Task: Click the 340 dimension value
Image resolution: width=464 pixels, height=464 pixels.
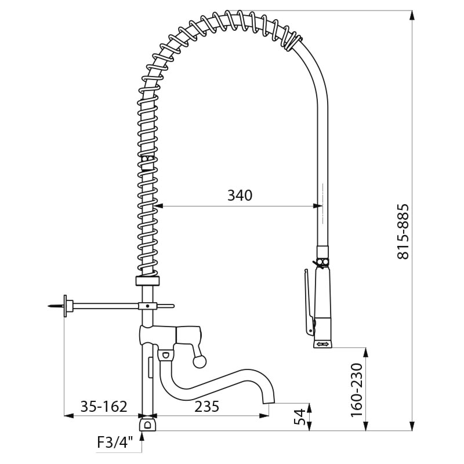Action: click(240, 195)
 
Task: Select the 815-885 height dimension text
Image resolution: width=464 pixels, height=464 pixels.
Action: click(403, 231)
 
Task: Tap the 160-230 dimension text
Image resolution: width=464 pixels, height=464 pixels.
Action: click(357, 390)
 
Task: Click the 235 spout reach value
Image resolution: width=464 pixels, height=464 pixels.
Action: click(206, 407)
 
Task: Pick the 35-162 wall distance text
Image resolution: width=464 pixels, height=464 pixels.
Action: click(104, 407)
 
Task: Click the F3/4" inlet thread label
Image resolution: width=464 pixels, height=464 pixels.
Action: click(115, 443)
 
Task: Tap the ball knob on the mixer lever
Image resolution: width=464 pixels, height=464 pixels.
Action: click(199, 361)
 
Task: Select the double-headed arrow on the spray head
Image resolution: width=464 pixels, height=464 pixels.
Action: click(322, 344)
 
